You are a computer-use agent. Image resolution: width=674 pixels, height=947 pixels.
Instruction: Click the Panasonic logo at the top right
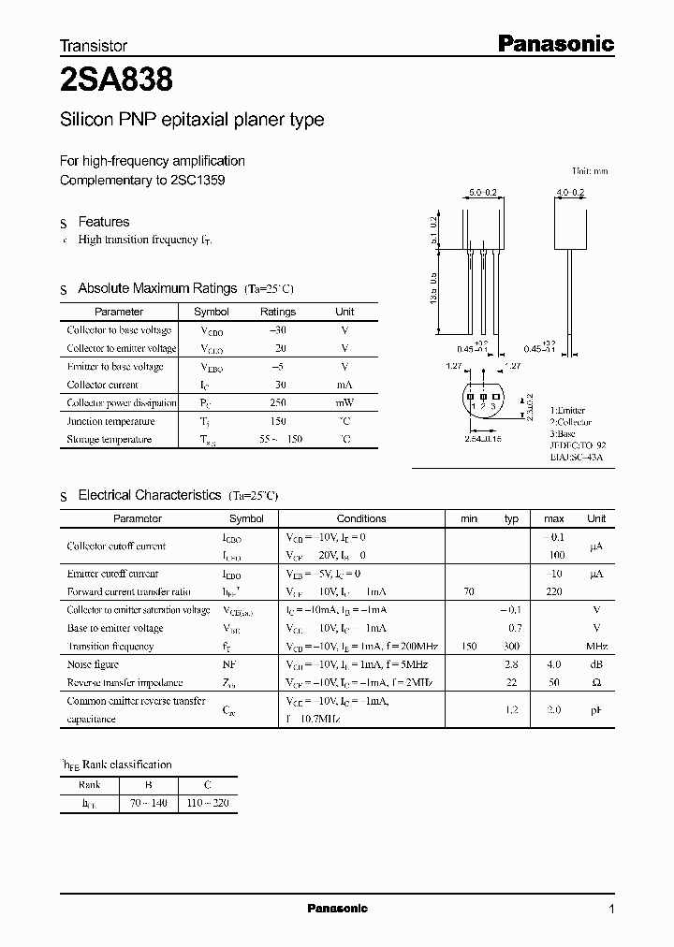click(554, 43)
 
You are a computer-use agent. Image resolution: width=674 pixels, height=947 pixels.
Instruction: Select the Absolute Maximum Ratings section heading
click(157, 288)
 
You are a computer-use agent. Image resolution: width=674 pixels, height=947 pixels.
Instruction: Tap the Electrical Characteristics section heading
click(150, 494)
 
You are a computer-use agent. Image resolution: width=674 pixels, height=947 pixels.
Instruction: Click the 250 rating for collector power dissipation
click(278, 402)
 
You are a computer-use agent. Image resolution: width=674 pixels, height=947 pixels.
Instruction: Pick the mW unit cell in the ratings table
click(344, 402)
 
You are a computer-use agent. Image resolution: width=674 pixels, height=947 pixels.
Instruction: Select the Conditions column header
click(360, 518)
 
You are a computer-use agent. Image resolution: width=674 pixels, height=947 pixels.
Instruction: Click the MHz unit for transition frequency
click(596, 647)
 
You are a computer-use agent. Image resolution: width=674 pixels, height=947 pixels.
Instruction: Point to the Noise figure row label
click(94, 664)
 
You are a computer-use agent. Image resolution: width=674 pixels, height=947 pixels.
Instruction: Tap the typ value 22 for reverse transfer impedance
click(511, 683)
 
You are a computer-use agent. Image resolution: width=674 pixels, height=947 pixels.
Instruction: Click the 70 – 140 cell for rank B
click(148, 803)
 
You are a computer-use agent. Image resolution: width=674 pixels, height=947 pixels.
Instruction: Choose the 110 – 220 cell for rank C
click(208, 803)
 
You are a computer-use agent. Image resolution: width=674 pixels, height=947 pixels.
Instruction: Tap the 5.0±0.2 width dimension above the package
click(483, 193)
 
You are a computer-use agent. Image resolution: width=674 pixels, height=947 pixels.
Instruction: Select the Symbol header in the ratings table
click(211, 312)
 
